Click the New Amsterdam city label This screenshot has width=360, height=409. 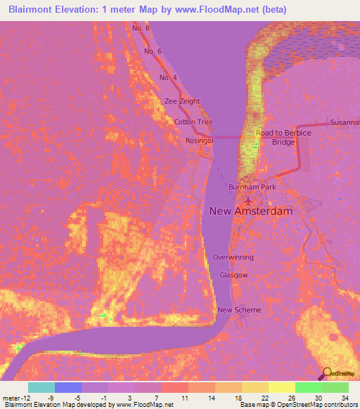tap(250, 210)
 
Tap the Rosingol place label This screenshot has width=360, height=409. tap(199, 141)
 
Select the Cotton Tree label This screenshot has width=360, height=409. tap(193, 122)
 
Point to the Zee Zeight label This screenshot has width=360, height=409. tap(182, 101)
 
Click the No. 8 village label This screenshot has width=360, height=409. tap(141, 27)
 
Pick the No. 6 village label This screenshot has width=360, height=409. tap(153, 51)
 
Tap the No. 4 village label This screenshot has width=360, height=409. tap(168, 77)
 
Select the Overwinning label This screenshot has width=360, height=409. tap(233, 257)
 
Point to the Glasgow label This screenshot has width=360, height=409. tap(233, 275)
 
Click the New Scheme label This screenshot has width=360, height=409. tap(239, 310)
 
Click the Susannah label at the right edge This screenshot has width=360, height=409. tap(345, 122)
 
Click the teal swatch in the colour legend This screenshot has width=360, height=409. tap(41, 387)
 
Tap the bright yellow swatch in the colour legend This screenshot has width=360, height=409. tap(281, 387)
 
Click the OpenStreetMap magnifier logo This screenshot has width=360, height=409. tap(328, 373)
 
